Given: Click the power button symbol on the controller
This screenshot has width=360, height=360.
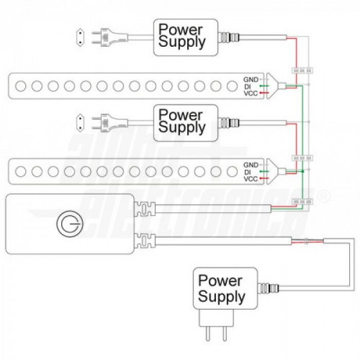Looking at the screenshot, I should pos(68,224).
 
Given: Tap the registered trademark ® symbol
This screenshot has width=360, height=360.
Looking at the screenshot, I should pos(326,196).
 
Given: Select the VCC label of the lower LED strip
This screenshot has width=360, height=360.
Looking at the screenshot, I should pos(250,179).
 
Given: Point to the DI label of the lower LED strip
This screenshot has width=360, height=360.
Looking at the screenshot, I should pos(247,172).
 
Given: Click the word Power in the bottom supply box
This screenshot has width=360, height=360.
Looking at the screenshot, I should pos(220,281).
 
